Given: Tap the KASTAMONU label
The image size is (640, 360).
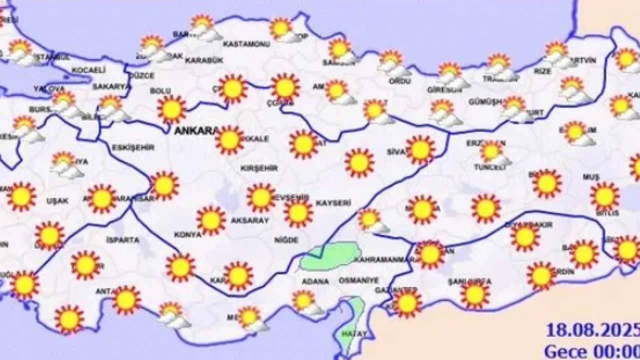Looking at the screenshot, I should tap(246, 44).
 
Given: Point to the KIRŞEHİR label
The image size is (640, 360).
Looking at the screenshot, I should tap(258, 168).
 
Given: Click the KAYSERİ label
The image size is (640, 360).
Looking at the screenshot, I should tap(333, 203).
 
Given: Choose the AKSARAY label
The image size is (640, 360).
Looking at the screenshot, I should tap(250, 220).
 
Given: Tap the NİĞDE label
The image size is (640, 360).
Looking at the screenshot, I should tap(286, 240).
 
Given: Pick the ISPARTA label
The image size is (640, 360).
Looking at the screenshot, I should tap(122, 240).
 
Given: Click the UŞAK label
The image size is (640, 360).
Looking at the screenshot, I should tap(57, 200).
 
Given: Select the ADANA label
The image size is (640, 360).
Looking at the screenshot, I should tap(315, 281).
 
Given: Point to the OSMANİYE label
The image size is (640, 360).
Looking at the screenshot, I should tap(358, 280).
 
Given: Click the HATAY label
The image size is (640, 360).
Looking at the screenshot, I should tap(354, 334).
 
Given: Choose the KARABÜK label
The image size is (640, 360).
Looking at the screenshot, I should tap(203, 60).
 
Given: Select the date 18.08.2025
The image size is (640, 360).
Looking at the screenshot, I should tap(592, 330).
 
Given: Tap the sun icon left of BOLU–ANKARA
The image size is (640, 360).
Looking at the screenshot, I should tap(171, 109).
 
